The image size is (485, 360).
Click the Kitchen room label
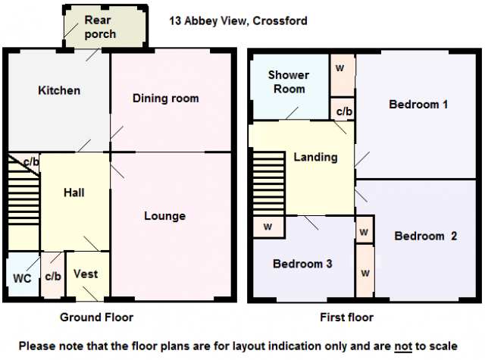(59, 91)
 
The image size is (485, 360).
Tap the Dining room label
(166, 99)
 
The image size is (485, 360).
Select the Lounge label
(165, 216)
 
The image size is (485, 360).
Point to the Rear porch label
(100, 27)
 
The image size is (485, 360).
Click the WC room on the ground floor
(23, 274)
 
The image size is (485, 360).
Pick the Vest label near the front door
(86, 274)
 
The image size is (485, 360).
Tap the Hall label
(74, 193)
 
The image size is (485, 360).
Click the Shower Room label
(289, 82)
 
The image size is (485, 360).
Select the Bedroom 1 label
(418, 105)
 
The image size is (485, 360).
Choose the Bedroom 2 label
(426, 236)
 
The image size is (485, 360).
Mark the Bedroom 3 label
(302, 264)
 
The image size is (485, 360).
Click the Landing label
(315, 157)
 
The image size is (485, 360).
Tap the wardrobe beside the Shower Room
(342, 75)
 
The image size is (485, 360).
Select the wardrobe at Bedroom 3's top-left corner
(268, 227)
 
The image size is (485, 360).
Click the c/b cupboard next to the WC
(53, 275)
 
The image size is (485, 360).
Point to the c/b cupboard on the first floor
(343, 109)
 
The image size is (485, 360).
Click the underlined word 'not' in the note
(403, 346)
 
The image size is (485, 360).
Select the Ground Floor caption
(96, 318)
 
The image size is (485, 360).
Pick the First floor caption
(347, 318)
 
